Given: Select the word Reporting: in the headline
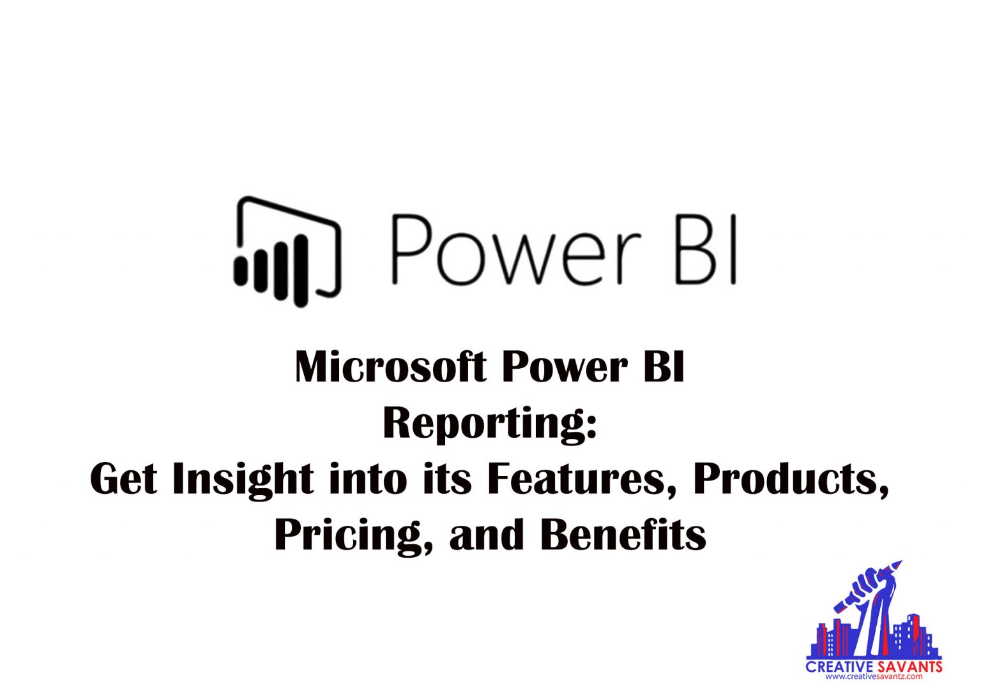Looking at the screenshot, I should pos(490,423).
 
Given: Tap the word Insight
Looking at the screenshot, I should pos(243,479).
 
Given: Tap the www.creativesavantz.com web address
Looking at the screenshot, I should pos(874,676).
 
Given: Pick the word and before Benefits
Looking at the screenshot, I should pos(486,535).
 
